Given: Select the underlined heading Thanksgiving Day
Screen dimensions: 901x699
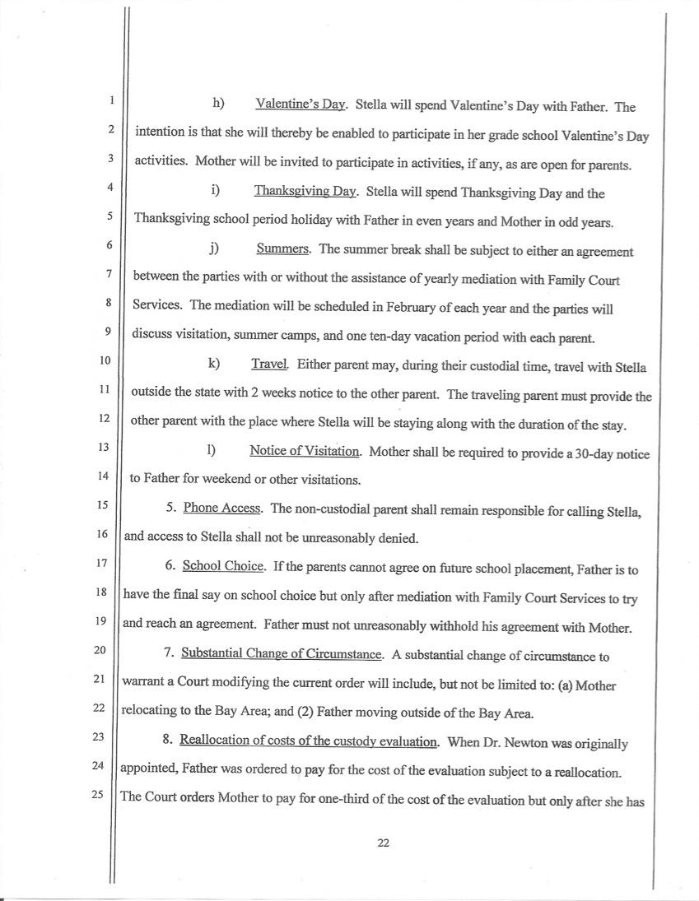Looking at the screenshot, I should (x=304, y=193).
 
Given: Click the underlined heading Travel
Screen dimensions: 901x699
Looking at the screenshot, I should (x=268, y=364).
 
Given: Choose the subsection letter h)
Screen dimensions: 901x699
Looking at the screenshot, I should (x=218, y=104).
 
